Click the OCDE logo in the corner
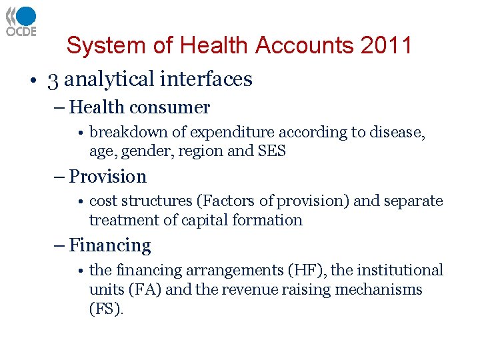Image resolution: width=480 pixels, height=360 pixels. click(x=21, y=21)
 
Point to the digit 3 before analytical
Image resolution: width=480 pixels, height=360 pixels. click(x=53, y=79)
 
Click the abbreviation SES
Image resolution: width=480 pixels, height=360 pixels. click(x=271, y=151)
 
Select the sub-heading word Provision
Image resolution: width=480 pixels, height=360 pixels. click(x=108, y=177)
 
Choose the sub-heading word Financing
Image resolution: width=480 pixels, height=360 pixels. click(x=110, y=246)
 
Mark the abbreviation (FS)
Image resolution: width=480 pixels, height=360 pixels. click(x=106, y=308)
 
